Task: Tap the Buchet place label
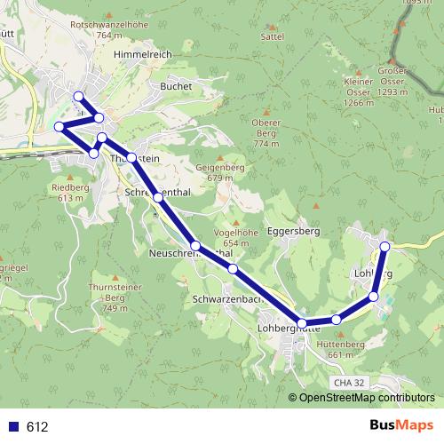pyautogui.click(x=170, y=86)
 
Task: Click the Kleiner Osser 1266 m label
pyautogui.click(x=358, y=97)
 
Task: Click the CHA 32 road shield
pyautogui.click(x=350, y=381)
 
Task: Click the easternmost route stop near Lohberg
pyautogui.click(x=385, y=246)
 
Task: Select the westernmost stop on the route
pyautogui.click(x=59, y=127)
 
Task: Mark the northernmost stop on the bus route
pyautogui.click(x=78, y=96)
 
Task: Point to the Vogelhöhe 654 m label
pyautogui.click(x=235, y=237)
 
